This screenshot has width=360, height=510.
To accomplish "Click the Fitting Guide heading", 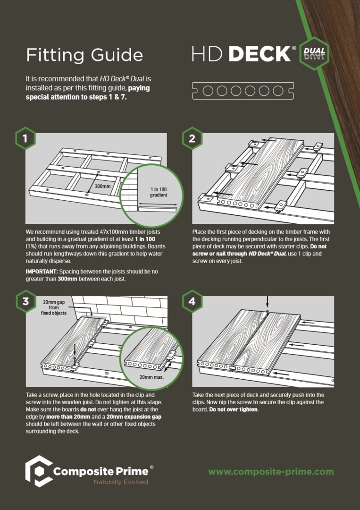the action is pos(84,55).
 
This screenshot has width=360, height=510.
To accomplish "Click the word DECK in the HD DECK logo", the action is pos(260,54).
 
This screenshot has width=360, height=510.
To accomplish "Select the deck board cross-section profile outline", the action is pos(243,91).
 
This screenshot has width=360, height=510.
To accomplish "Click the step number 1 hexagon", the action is pos(25,138).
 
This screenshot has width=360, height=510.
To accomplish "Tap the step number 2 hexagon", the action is pos(192,138).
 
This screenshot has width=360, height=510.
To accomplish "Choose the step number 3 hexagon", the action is pos(25,301).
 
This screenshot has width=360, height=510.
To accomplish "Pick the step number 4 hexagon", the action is pos(192,301).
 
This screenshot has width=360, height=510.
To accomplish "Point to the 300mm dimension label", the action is pos(102,187).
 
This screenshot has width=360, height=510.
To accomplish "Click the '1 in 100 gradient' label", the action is pos(159,192).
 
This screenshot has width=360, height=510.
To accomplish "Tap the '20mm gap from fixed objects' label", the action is pos(54,307).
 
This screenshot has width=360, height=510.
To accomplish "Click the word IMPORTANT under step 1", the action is pos(37,271).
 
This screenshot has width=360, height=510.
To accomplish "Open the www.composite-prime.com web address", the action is pos(271,472).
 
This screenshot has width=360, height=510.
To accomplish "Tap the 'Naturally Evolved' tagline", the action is pos(121,482).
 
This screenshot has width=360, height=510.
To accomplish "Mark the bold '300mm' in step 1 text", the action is pos(67,279).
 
